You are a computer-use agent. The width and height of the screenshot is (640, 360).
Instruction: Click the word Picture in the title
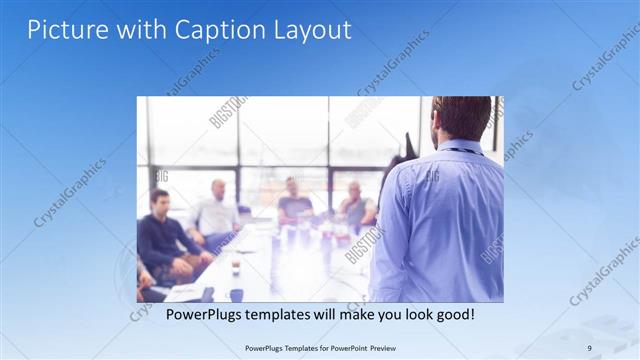63,30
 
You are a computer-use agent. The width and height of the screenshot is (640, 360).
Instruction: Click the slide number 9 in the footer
589,348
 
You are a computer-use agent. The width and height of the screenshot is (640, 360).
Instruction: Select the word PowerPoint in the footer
344,348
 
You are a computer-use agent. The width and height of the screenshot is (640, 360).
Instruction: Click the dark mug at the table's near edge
236,294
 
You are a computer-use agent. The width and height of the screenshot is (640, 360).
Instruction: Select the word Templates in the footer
289,348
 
